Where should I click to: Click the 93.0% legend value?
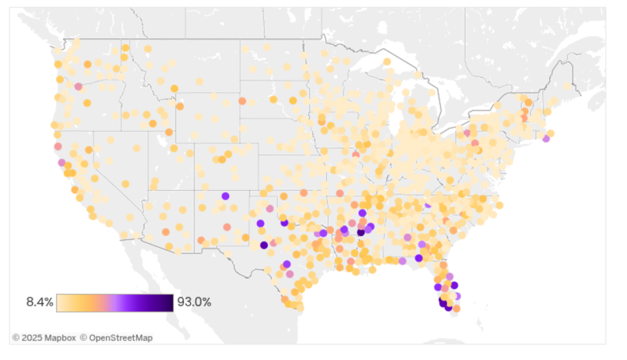click(194, 302)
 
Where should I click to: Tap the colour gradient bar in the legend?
click(115, 303)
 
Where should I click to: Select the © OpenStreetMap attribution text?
click(116, 338)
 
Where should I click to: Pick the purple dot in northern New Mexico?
click(225, 196)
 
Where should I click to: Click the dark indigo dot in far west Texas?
click(264, 245)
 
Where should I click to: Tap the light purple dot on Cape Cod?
click(546, 139)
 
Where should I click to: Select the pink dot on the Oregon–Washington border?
click(79, 86)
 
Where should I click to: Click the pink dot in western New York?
click(467, 132)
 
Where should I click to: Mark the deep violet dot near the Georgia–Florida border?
click(418, 258)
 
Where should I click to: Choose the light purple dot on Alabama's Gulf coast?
click(402, 261)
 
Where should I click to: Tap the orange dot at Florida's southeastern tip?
click(456, 308)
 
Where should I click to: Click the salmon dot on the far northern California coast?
click(58, 147)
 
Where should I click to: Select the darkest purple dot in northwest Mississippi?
click(361, 232)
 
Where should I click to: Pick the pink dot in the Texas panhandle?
click(269, 209)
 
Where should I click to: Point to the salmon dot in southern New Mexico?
click(201, 240)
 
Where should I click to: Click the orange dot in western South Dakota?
click(242, 101)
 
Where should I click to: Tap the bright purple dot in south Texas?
click(287, 264)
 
